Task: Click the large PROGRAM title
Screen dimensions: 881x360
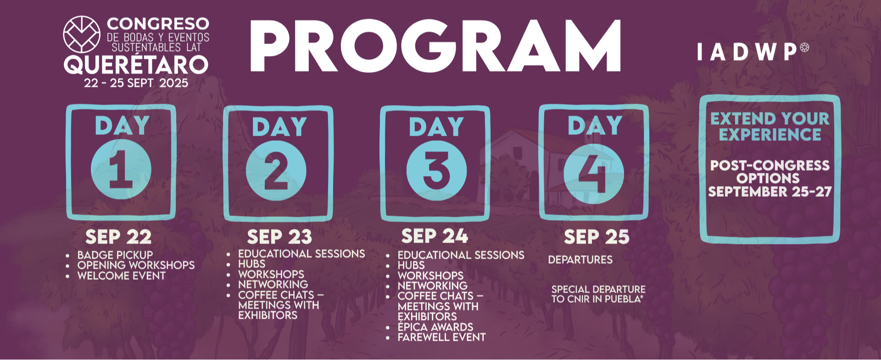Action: [435, 46]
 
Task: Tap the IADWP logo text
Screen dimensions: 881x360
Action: [753, 52]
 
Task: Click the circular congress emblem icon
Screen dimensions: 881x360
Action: [82, 34]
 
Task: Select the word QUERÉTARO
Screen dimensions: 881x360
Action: [136, 65]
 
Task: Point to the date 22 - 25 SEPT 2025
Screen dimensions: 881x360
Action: [136, 83]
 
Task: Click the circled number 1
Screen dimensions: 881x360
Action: [121, 169]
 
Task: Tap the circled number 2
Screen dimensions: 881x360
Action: [276, 170]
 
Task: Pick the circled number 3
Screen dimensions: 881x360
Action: [436, 170]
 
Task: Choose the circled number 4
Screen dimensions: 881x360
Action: [594, 174]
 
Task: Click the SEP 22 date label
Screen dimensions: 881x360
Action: [118, 237]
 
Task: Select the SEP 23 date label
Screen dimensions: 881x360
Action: [279, 237]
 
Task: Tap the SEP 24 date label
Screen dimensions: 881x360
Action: [435, 236]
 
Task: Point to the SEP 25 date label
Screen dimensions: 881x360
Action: [597, 237]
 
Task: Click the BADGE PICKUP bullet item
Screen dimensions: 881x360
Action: [115, 255]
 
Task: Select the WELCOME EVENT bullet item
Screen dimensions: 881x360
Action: [122, 276]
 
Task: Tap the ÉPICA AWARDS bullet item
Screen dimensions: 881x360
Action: [435, 327]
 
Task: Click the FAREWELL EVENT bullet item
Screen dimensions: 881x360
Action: [441, 338]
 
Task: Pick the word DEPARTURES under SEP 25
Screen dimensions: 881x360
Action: [580, 260]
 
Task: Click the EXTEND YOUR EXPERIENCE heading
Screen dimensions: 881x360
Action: [770, 127]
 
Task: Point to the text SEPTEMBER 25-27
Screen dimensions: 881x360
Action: [770, 192]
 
